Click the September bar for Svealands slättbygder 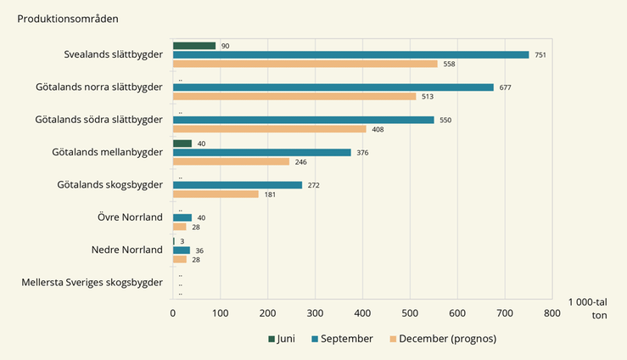point(350,54)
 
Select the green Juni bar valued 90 point(194,46)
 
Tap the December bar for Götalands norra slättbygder point(294,96)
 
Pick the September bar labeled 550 point(303,120)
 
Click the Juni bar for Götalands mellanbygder point(182,143)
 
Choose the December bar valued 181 point(216,194)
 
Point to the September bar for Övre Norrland point(182,217)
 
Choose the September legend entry point(342,339)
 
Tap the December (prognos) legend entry point(442,339)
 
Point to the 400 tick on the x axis point(362,312)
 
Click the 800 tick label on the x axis point(552,312)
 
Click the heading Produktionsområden point(68,18)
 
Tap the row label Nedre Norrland point(126,250)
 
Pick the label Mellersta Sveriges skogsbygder point(92,283)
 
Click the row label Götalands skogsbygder point(109,184)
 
